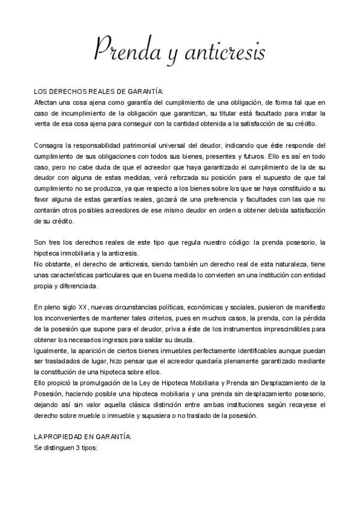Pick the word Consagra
[x=50, y=146]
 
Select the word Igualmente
[x=53, y=350]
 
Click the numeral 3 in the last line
[x=78, y=447]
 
